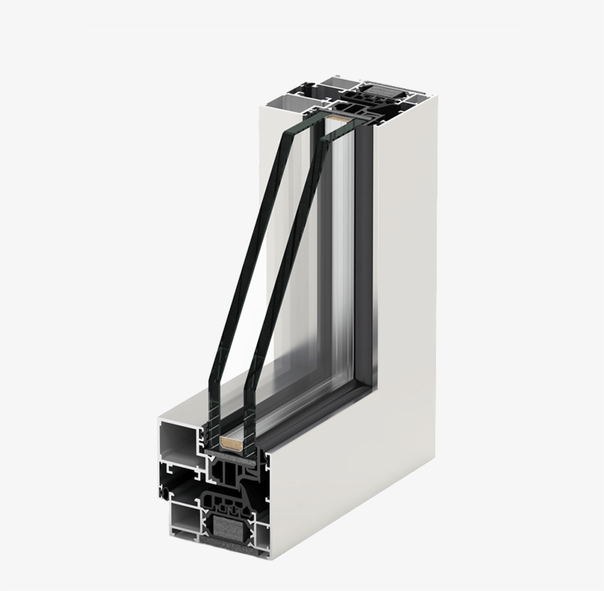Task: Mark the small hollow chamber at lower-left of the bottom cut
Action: coord(180,520)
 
